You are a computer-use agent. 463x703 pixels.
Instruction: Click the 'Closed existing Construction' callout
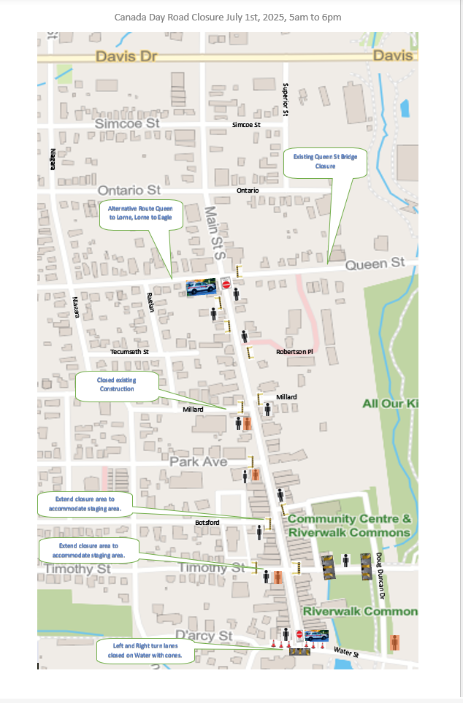pyautogui.click(x=117, y=385)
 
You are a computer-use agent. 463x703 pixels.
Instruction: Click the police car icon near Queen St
pyautogui.click(x=202, y=287)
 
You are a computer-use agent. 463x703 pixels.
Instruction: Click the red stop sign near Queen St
pyautogui.click(x=226, y=285)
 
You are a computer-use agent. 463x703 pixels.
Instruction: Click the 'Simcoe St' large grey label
pyautogui.click(x=127, y=123)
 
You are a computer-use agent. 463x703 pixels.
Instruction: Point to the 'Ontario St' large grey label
pyautogui.click(x=129, y=190)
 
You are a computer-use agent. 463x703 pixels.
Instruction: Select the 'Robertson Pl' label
pyautogui.click(x=294, y=352)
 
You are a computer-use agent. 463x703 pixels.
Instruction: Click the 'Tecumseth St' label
pyautogui.click(x=129, y=352)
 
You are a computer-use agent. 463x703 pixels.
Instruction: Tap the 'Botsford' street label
pyautogui.click(x=207, y=523)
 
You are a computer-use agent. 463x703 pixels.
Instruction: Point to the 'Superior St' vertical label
pyautogui.click(x=286, y=100)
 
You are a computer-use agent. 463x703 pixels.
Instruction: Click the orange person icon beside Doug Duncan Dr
pyautogui.click(x=395, y=643)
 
